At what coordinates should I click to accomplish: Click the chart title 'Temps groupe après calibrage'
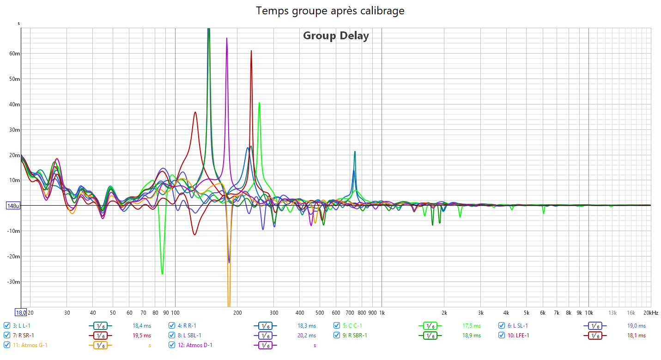[330, 11]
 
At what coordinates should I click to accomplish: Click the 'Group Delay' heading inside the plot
[336, 36]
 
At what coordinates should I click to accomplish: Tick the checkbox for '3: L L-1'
[7, 325]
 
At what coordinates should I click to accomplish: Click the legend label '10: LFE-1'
[521, 335]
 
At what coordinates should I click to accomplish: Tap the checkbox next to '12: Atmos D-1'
[172, 345]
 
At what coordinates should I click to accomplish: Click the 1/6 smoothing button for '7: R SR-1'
[100, 336]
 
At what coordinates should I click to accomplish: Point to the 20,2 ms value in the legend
[307, 336]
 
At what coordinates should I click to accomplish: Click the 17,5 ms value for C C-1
[472, 326]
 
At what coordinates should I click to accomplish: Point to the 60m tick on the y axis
[14, 54]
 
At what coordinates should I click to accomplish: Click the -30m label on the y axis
[12, 282]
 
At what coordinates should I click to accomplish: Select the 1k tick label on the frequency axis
[382, 313]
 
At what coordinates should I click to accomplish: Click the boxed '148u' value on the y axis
[12, 206]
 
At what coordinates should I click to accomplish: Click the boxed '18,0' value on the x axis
[21, 313]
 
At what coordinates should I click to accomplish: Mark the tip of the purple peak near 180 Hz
[227, 38]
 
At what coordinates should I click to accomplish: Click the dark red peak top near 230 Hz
[251, 51]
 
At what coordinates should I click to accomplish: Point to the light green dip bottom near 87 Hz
[162, 274]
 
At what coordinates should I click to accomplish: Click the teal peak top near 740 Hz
[355, 152]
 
